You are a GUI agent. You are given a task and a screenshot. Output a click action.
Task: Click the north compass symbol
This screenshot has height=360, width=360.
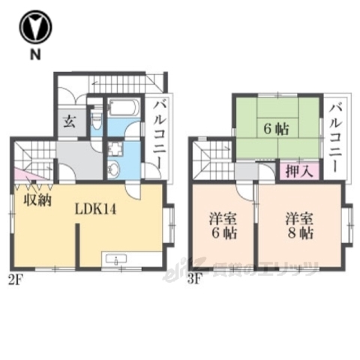34,27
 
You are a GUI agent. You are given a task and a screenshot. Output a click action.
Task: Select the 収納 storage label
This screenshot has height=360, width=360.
35,200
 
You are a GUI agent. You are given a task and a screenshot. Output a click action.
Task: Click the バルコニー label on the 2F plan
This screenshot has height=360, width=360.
159,134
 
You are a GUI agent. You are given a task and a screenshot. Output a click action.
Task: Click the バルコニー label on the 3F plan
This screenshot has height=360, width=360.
335,134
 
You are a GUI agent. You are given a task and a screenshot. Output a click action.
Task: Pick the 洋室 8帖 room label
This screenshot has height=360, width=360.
298,226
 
